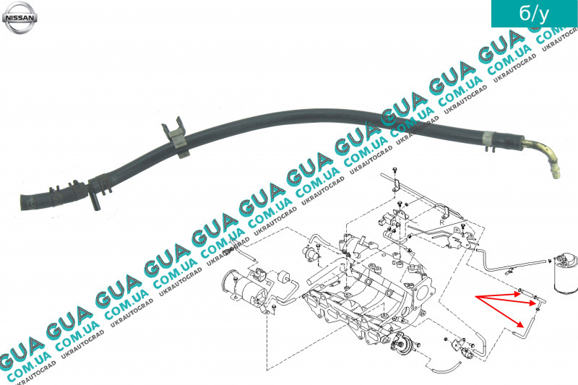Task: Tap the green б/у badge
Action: click(x=534, y=14)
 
